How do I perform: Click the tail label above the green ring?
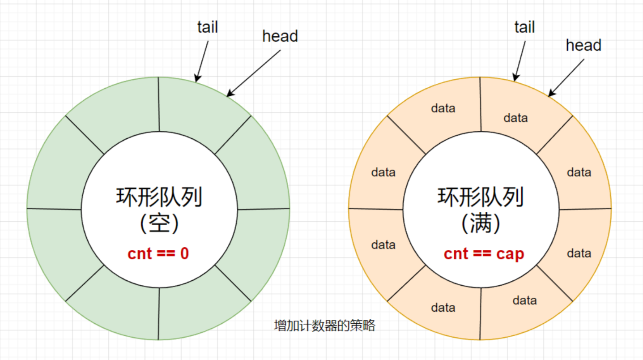click(x=207, y=27)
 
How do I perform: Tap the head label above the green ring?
click(x=280, y=36)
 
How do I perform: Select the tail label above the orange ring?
click(x=524, y=27)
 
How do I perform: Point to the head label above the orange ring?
click(x=583, y=45)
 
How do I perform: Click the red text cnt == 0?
click(x=158, y=254)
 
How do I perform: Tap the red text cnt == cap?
click(x=484, y=254)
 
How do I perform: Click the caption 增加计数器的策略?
click(x=324, y=326)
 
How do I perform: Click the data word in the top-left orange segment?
click(x=443, y=108)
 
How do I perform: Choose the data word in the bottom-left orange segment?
click(x=443, y=308)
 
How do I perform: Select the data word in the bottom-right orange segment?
click(x=525, y=300)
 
